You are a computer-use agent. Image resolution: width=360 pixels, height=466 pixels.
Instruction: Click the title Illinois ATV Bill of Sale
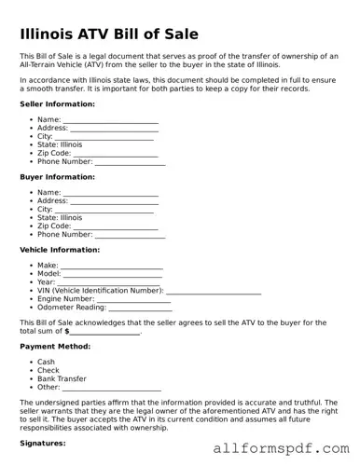(109, 34)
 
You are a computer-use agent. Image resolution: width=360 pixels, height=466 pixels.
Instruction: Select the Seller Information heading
(57, 103)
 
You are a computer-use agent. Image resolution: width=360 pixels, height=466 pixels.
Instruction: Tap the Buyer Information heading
(57, 176)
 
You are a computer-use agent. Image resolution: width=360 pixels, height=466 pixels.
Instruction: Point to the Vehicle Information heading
(60, 250)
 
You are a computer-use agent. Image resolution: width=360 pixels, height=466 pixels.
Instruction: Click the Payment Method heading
(55, 346)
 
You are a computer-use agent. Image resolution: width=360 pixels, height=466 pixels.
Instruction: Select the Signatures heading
(42, 444)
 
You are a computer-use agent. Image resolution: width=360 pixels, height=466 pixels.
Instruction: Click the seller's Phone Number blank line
(130, 163)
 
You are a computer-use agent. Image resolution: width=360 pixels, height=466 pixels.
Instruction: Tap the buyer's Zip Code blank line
(116, 226)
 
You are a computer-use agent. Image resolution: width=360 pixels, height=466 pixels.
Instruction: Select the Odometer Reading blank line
(139, 308)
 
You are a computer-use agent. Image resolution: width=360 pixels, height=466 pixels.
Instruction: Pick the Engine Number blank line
(132, 299)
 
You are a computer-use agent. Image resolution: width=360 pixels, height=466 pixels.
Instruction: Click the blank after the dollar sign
(105, 332)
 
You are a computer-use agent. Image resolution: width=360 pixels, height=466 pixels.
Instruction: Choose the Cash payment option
(46, 363)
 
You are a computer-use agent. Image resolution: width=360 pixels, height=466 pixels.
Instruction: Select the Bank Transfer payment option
(62, 379)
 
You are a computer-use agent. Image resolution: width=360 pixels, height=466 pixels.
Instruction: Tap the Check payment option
(48, 371)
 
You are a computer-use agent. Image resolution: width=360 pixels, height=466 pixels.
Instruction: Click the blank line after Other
(111, 388)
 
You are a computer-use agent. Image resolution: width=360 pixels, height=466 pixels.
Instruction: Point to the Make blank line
(112, 267)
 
